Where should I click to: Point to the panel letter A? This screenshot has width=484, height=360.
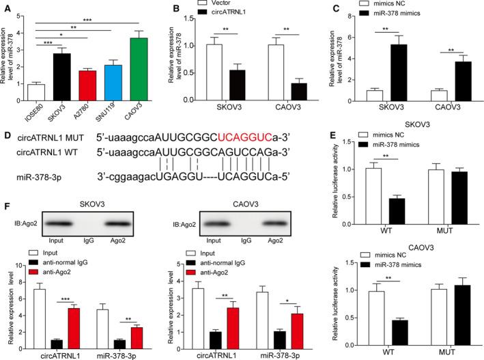click(x=6, y=6)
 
